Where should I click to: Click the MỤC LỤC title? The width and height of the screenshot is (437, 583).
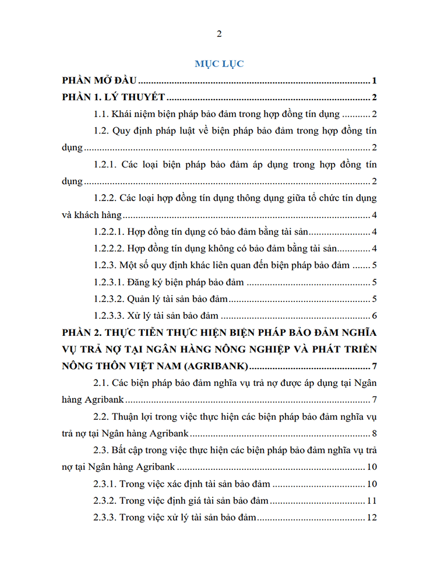point(219,64)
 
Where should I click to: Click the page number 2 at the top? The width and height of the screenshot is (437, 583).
point(219,33)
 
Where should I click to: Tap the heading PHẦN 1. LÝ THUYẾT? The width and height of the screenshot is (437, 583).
point(115,97)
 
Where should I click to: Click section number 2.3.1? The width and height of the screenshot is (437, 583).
point(105,484)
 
